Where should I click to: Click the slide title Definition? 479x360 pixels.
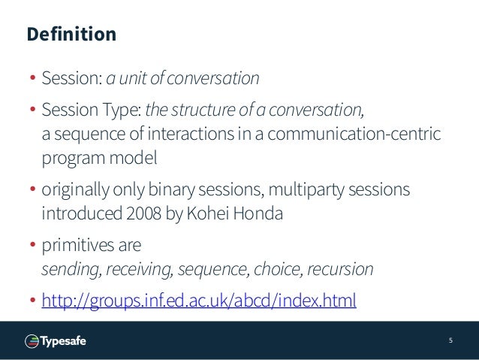pyautogui.click(x=71, y=35)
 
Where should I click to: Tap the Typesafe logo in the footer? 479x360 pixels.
pyautogui.click(x=56, y=340)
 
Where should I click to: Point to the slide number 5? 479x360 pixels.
pyautogui.click(x=450, y=340)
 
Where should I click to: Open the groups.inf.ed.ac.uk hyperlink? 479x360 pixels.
pyautogui.click(x=199, y=301)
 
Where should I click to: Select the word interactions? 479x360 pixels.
pyautogui.click(x=194, y=135)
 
